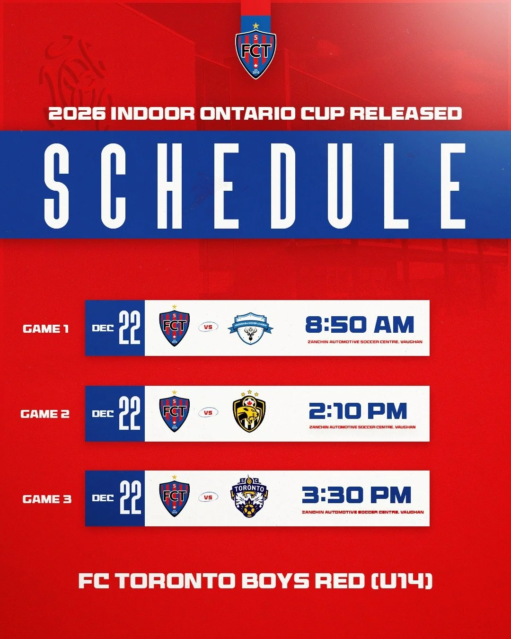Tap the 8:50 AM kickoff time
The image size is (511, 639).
tap(360, 325)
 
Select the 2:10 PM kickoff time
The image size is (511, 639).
tap(358, 411)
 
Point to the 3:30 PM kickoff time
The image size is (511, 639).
tap(357, 495)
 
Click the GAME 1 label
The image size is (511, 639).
tap(46, 328)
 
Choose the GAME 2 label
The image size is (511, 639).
tap(45, 414)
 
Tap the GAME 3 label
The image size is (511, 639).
tap(47, 499)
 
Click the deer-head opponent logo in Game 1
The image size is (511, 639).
tap(250, 328)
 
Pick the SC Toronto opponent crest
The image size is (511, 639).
tap(249, 497)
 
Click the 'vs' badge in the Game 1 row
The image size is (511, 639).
tap(208, 327)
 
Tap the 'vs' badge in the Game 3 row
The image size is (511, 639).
tap(208, 497)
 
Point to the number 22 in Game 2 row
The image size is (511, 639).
tap(130, 413)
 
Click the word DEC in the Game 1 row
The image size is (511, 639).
tap(103, 328)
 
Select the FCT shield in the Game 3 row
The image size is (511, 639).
tap(175, 497)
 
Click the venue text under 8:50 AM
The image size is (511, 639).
tap(365, 342)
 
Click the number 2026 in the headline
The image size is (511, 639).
tap(77, 114)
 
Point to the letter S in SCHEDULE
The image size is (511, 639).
tap(57, 185)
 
